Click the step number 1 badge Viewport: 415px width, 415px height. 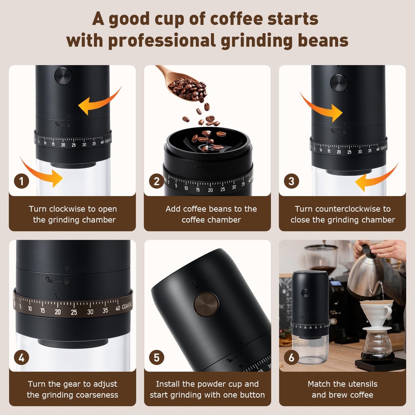22,182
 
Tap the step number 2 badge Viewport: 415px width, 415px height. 157,182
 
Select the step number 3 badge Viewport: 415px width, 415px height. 292,182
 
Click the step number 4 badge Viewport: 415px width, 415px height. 22,358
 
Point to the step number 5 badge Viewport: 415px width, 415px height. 157,358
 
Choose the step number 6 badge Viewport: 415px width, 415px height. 292,358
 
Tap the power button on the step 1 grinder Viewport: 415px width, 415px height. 63,76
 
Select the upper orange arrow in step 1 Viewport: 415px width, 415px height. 99,102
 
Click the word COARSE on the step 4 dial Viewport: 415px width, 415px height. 127,306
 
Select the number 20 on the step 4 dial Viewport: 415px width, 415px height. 58,312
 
